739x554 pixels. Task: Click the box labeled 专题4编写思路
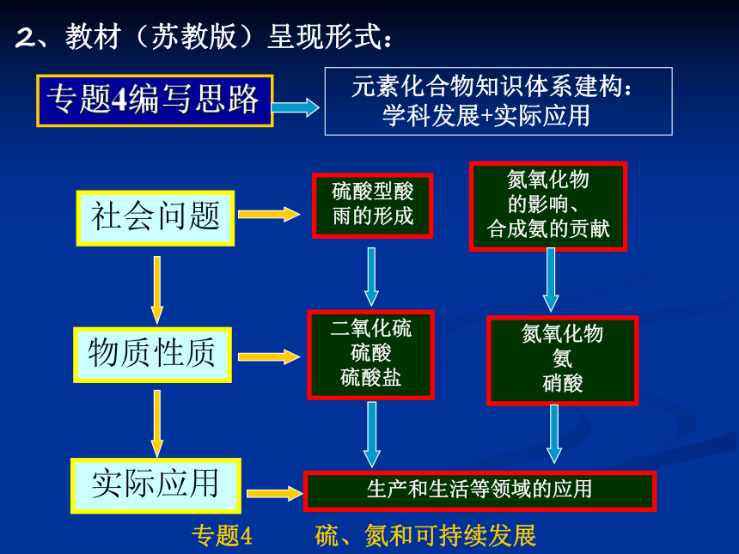coord(155,100)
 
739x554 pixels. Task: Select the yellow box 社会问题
coord(156,218)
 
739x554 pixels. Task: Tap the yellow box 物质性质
coord(153,355)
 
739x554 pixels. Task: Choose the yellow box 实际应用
coord(156,485)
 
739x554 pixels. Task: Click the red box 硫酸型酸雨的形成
coord(372,206)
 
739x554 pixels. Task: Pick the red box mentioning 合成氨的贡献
coord(548,206)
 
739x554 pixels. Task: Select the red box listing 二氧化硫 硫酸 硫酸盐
coord(370,355)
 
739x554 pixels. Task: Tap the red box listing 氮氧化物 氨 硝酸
coord(562,361)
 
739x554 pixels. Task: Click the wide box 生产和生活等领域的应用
coord(479,491)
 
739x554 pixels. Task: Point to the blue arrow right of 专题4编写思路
coord(296,107)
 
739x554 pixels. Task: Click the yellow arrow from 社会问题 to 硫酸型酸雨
coord(269,215)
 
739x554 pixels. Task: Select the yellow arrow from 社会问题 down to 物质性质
coord(157,289)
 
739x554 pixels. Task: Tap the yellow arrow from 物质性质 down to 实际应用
coord(157,423)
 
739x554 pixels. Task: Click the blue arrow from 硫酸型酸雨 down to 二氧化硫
coord(371,277)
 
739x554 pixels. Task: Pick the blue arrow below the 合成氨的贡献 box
coord(551,280)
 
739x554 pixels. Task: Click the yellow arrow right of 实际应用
coord(274,493)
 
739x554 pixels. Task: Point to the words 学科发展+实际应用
coord(486,116)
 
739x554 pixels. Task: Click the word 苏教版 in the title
coord(193,37)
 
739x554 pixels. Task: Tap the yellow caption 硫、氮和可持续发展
coord(425,536)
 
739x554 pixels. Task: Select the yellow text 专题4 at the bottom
coord(222,536)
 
